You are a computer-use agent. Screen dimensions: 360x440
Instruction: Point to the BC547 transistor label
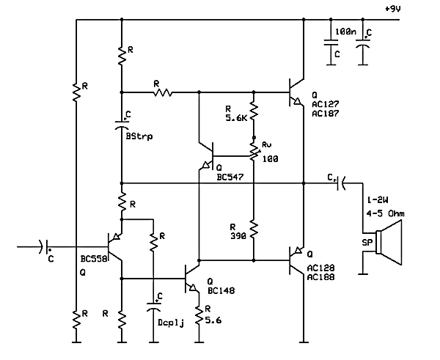(x=230, y=177)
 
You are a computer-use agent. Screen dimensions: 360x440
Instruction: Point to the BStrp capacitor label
(x=139, y=136)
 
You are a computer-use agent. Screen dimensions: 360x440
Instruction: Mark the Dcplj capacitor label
(x=171, y=321)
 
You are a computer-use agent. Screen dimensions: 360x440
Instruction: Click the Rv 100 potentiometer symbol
(x=253, y=150)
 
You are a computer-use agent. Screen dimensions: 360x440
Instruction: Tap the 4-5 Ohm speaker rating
(x=385, y=213)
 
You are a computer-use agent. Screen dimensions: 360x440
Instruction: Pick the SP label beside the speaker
(x=367, y=242)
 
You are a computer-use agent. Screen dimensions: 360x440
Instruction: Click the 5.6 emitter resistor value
(x=212, y=320)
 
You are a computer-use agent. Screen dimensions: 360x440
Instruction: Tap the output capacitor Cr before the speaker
(x=340, y=183)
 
